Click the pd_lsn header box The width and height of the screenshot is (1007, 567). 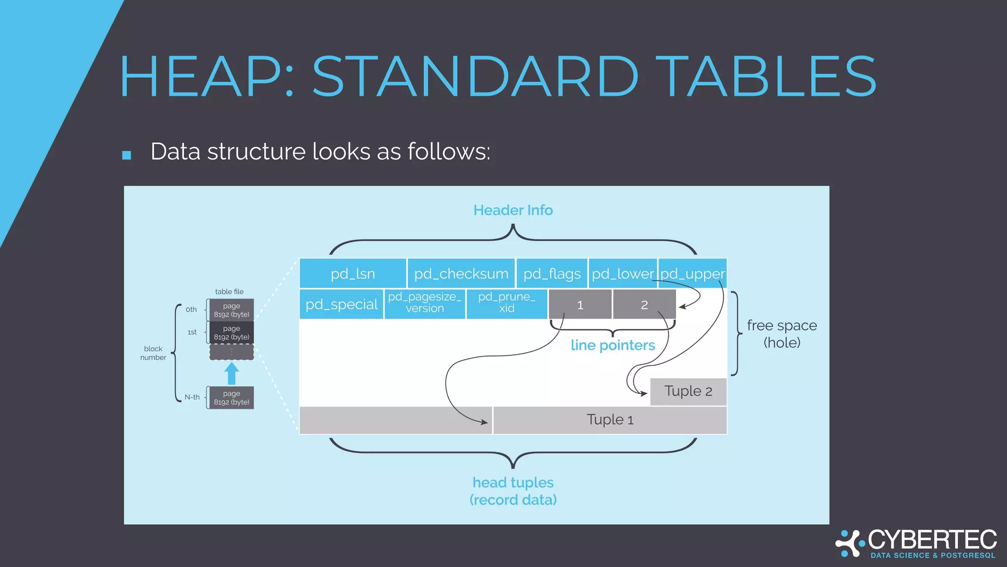353,273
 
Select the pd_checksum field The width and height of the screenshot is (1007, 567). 461,273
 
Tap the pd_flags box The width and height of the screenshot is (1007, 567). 551,273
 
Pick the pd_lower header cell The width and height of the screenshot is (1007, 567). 622,273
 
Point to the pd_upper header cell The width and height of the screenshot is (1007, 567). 692,273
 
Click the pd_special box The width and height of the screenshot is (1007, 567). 341,304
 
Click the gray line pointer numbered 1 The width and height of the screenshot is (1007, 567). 580,305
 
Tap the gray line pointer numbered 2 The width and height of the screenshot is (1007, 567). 644,305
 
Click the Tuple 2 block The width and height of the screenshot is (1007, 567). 688,391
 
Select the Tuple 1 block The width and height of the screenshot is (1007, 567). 610,420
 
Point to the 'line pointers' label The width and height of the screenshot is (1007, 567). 613,345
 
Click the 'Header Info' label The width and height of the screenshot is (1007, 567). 513,210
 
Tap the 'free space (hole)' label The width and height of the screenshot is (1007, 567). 781,334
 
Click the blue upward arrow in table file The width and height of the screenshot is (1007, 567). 232,374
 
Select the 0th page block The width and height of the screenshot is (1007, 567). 231,310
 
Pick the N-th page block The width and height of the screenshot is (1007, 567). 231,398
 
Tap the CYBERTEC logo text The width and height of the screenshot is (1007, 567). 932,540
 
